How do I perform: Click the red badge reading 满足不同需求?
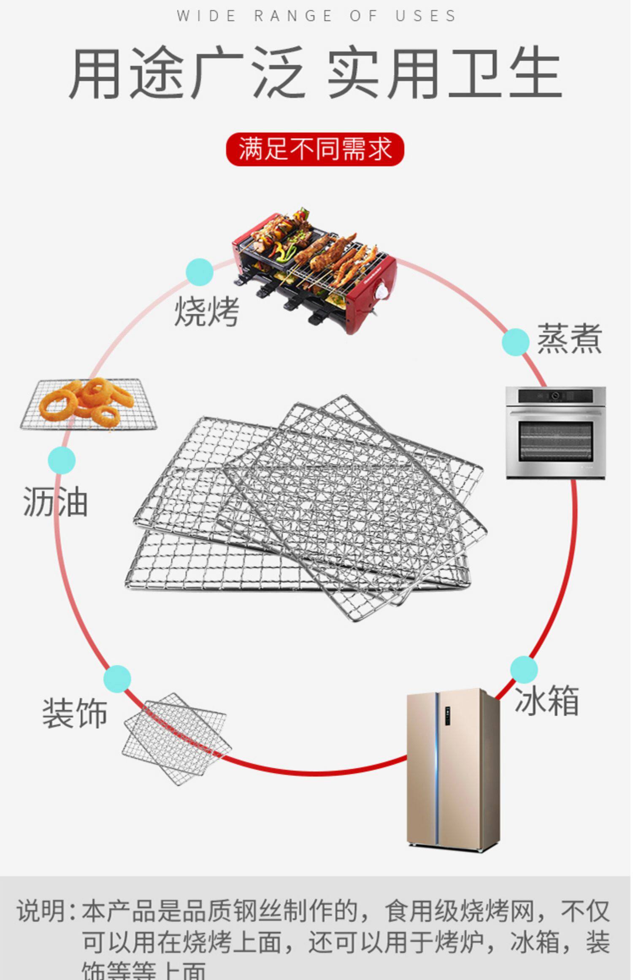pos(315,149)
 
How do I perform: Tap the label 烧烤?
pos(207,311)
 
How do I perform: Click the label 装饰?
pos(75,713)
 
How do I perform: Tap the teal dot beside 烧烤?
pos(200,272)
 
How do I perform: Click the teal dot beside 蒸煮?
pos(515,342)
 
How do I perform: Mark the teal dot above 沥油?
pos(62,460)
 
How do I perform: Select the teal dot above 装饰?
pos(117,679)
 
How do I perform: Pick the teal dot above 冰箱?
pos(524,669)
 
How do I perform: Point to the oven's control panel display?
pos(555,396)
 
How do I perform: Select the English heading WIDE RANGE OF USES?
pos(316,16)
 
